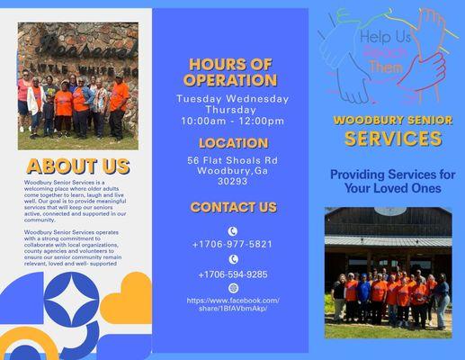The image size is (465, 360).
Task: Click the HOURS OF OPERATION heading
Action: click(230, 72)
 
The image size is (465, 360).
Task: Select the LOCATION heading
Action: click(233, 143)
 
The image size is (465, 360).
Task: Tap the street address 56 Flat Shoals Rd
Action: click(233, 160)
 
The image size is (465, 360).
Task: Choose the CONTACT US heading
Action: click(233, 208)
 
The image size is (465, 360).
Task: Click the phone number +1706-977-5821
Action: click(232, 244)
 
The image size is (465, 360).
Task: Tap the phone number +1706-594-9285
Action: click(232, 274)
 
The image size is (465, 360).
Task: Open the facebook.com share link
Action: click(233, 303)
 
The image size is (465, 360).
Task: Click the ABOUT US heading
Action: click(77, 166)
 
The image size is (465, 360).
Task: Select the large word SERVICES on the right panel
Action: click(393, 139)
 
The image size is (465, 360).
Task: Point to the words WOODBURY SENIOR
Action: click(393, 119)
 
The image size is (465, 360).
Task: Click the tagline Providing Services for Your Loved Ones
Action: click(392, 181)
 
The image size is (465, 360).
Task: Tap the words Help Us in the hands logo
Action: click(385, 38)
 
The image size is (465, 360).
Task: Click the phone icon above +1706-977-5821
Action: click(233, 230)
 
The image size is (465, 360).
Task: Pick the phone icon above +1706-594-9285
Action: click(233, 259)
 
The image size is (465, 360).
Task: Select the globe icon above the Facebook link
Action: click(233, 288)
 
